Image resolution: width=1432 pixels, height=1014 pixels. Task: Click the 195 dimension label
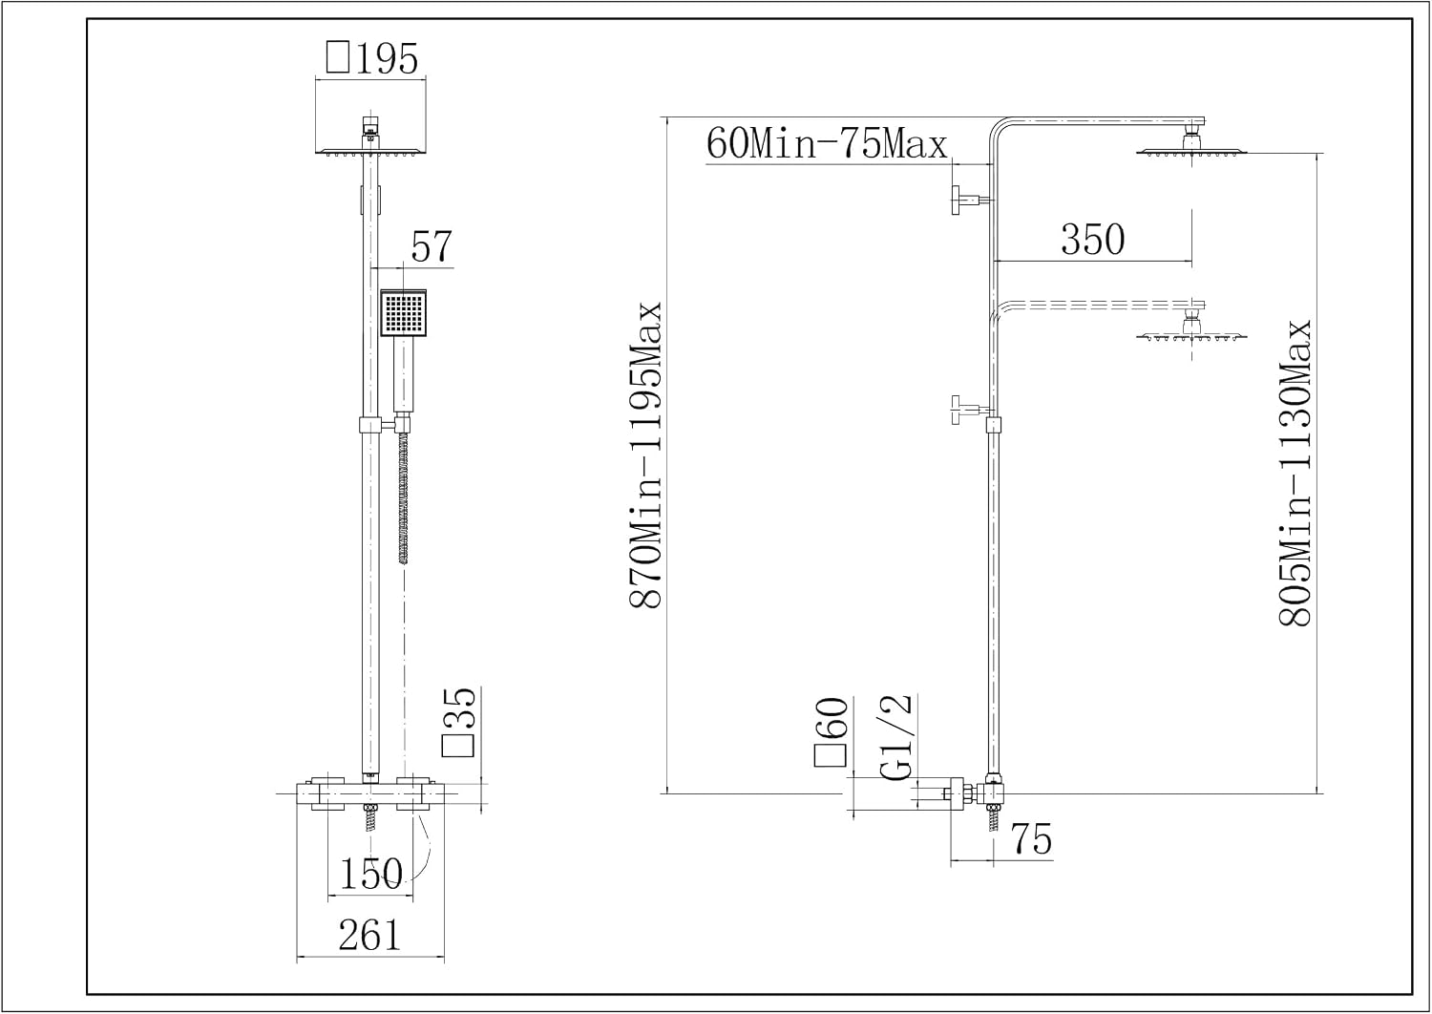[387, 59]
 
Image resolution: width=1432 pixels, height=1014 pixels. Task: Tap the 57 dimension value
[432, 246]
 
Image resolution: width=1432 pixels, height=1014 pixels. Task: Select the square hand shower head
[404, 312]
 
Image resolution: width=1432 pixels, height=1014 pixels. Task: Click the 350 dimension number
[1092, 240]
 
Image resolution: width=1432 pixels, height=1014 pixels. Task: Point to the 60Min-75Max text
[826, 144]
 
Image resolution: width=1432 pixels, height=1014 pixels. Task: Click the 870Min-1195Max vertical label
[645, 454]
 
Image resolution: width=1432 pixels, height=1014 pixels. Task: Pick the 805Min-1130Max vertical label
[1295, 474]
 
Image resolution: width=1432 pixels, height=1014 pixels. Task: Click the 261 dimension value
[369, 936]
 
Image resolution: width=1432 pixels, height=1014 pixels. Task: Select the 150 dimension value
[371, 874]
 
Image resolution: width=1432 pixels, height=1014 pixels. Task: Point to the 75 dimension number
[1032, 839]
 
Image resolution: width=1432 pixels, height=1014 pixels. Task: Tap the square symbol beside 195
[338, 57]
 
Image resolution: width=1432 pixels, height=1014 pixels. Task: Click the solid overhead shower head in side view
[1191, 143]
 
